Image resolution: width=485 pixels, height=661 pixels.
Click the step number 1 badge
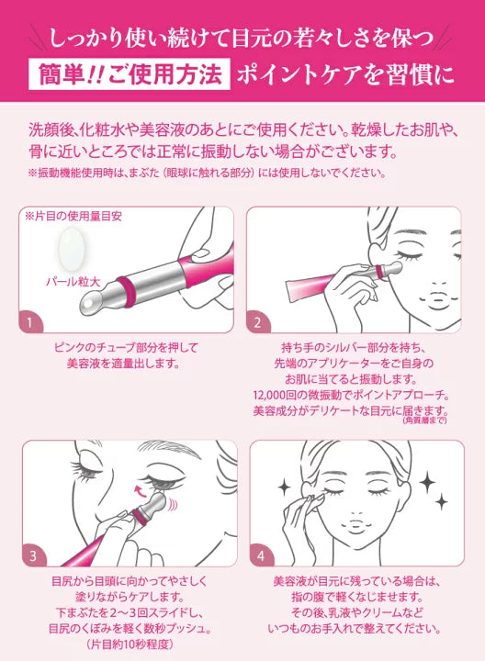(30, 322)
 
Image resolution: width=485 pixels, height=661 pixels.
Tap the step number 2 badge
(257, 322)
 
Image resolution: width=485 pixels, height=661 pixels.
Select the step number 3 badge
(33, 556)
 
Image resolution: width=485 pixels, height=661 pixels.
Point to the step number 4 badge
(261, 556)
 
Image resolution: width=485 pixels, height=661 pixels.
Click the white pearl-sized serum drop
(72, 250)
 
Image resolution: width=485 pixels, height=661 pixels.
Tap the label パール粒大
(73, 282)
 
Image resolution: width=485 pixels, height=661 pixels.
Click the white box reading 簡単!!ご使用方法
(130, 74)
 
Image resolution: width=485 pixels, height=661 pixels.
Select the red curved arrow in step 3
(141, 490)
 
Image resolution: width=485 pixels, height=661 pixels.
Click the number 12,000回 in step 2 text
(276, 395)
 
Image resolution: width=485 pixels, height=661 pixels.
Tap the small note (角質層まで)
(424, 420)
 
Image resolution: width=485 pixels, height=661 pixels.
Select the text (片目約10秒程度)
(130, 644)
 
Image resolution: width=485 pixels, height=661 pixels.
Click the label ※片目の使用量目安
(73, 217)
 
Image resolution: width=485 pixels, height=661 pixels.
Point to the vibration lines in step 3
(172, 504)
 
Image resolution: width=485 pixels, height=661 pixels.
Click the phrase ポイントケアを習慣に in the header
(345, 75)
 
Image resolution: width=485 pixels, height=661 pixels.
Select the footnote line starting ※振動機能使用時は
(207, 173)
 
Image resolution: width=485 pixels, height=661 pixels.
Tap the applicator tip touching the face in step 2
(394, 267)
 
